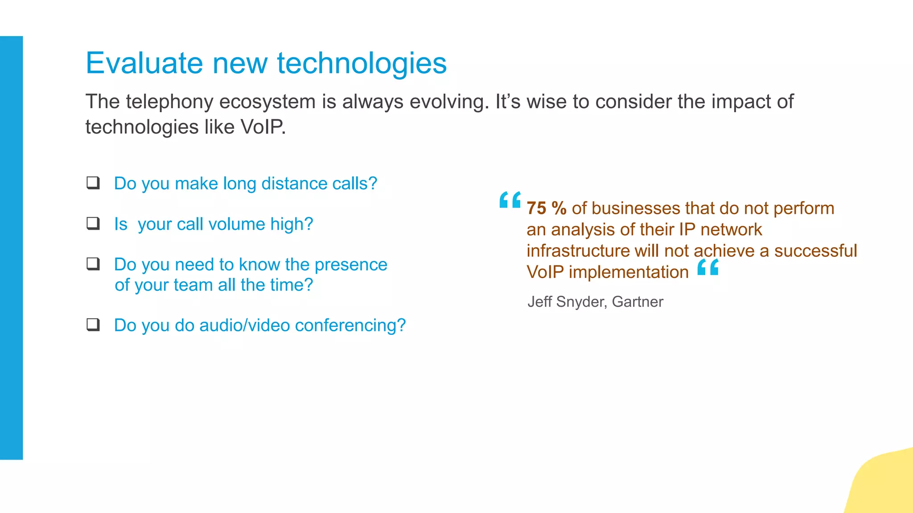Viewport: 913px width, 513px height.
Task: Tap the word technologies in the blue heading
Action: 362,63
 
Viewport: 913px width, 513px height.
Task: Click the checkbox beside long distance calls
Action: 93,183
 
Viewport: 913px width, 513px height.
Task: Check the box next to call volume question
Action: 93,223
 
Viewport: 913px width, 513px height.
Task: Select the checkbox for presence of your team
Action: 93,264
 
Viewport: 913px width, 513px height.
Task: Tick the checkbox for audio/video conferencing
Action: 93,325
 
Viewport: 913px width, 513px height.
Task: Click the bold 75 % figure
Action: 546,208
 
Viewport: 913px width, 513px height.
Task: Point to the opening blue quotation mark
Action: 510,200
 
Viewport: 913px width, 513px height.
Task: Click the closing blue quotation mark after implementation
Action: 708,267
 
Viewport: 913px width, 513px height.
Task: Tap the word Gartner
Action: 637,302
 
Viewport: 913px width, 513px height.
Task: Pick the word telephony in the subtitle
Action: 170,102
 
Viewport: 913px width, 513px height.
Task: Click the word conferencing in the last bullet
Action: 350,326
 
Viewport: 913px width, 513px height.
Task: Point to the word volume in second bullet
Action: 237,224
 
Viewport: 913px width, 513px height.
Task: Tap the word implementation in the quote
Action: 629,272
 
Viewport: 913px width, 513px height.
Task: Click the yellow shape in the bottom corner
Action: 885,485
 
